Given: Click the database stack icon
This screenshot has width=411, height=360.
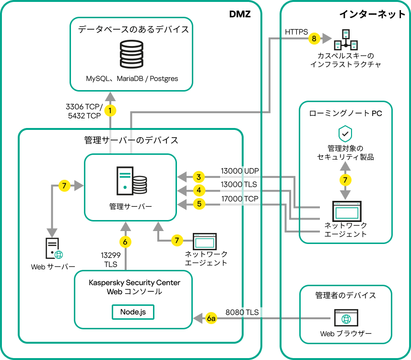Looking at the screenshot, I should coord(132,54).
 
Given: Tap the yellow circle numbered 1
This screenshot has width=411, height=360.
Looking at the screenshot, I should coord(111,111).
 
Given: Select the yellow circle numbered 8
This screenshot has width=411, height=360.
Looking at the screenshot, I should coord(314,38).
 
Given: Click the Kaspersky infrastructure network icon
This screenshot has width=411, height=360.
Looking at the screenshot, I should coord(346,40).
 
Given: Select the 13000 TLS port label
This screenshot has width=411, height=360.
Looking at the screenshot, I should coord(238,184).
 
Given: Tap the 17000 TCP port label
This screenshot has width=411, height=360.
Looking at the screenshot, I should coord(239,198).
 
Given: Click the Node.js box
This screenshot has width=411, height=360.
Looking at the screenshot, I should coord(133,312).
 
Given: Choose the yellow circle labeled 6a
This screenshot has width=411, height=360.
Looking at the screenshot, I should coord(211,318).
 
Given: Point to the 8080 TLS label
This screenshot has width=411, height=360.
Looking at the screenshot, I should coord(242,312).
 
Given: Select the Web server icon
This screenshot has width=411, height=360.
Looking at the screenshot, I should coord(52,249).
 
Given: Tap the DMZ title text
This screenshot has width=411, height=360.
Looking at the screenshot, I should coord(240,15).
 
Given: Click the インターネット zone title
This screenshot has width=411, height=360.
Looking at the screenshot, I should coord(372,14).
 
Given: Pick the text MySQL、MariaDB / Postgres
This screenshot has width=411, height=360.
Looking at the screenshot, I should coord(132,78).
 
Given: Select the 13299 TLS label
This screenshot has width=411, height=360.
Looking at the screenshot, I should coord(110,259).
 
